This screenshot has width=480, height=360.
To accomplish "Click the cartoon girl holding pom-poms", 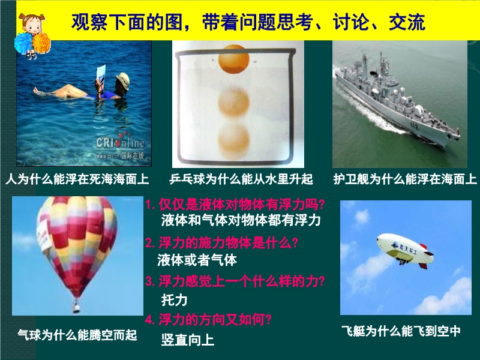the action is click(x=32, y=35).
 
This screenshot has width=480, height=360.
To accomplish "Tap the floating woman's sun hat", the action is click(x=123, y=80).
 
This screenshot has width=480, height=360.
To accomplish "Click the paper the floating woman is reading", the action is click(x=101, y=73).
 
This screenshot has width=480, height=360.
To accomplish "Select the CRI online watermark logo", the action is click(x=121, y=146).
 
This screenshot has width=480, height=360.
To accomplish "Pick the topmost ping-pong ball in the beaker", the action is click(x=233, y=59).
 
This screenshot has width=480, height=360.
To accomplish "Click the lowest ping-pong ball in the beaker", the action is click(x=234, y=140).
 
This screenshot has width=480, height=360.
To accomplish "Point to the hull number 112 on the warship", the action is click(x=414, y=126).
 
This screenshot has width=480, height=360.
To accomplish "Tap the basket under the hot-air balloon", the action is click(x=76, y=307).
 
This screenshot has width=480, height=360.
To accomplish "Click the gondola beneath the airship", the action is click(x=401, y=261).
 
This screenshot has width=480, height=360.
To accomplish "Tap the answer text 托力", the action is click(x=174, y=299).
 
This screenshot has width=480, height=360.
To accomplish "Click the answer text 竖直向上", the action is click(x=188, y=340).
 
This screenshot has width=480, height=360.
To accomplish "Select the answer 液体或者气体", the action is click(x=197, y=260).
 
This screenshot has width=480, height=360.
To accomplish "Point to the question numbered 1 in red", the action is click(x=235, y=205).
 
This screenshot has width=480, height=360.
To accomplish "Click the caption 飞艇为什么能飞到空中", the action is click(x=401, y=331).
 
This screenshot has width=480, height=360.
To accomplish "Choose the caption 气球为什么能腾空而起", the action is click(x=77, y=335).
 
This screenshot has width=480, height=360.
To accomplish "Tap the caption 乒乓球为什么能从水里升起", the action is click(x=241, y=179).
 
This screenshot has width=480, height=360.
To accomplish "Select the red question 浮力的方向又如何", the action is click(x=208, y=320).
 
